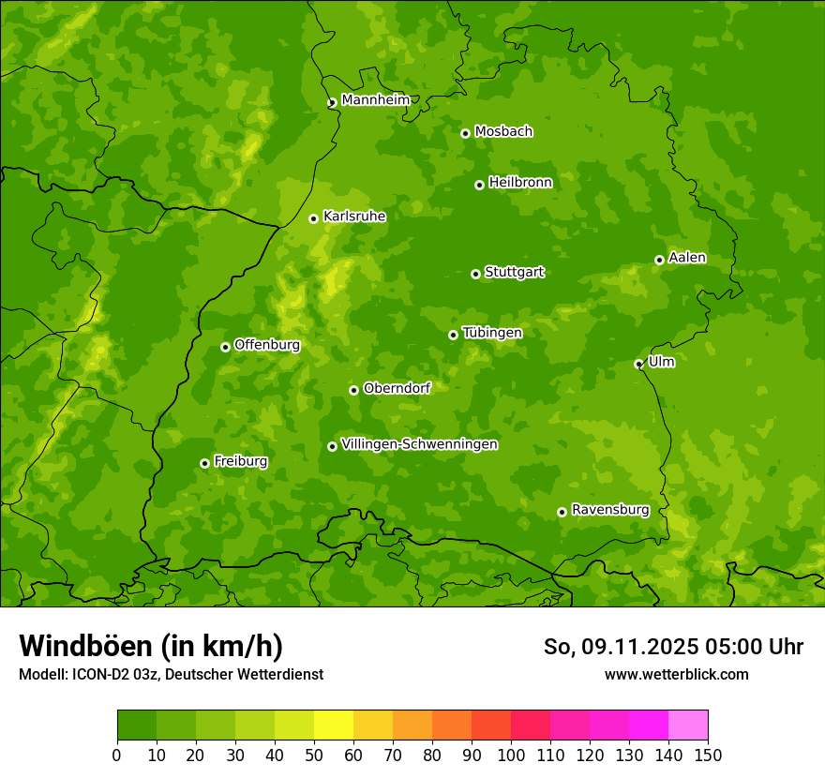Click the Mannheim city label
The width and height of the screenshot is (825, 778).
tap(375, 100)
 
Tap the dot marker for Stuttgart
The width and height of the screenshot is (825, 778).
tap(475, 274)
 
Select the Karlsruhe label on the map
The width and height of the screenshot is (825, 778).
tap(353, 217)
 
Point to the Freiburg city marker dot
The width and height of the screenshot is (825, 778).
tap(204, 463)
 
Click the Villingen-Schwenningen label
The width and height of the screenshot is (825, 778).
tap(419, 444)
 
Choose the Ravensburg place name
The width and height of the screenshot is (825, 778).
tap(609, 510)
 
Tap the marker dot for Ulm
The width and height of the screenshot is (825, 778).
tap(638, 364)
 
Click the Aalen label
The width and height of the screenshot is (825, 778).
tap(686, 258)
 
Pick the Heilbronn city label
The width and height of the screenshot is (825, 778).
tap(519, 183)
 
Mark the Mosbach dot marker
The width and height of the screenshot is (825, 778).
tap(465, 133)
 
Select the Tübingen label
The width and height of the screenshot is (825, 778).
tap(491, 333)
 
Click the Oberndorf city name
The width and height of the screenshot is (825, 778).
tap(397, 388)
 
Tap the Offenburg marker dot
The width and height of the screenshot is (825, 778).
tap(225, 347)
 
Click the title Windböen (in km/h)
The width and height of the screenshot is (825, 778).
tap(150, 646)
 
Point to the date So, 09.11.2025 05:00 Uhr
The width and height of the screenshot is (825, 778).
tap(673, 647)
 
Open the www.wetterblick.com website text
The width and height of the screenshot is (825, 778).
tap(676, 674)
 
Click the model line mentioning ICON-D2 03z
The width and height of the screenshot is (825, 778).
tap(171, 674)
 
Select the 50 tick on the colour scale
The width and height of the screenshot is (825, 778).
tap(314, 755)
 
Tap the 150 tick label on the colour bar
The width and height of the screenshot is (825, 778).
tap(707, 755)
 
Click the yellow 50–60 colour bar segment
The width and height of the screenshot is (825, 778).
tap(334, 726)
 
